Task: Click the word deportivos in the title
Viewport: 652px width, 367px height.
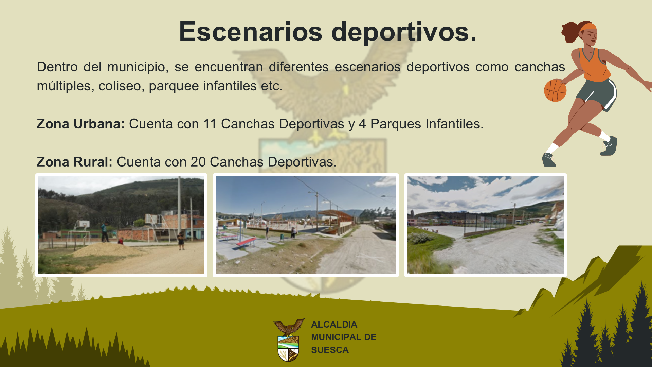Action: [x=404, y=32]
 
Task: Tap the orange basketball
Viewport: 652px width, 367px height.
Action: [x=555, y=90]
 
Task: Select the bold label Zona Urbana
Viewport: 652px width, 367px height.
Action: [x=81, y=124]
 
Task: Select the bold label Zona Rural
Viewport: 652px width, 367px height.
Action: [x=74, y=162]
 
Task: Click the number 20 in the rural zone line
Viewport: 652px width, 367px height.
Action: [x=198, y=162]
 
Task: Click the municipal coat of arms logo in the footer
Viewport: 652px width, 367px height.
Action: [x=289, y=340]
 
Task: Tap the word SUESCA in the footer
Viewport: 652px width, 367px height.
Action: [x=330, y=350]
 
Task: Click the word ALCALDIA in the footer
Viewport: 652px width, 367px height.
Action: [x=334, y=325]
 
